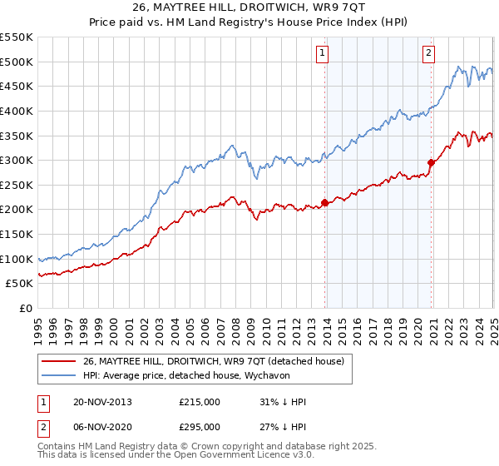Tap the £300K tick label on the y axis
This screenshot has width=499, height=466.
click(17, 160)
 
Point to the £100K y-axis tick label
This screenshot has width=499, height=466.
click(17, 259)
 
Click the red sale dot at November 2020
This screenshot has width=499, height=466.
click(431, 162)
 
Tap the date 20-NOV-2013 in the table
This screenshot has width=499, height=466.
click(102, 402)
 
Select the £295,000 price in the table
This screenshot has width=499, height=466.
click(199, 427)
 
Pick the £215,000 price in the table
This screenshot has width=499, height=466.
click(199, 402)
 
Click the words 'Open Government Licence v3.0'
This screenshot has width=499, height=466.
click(240, 456)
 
